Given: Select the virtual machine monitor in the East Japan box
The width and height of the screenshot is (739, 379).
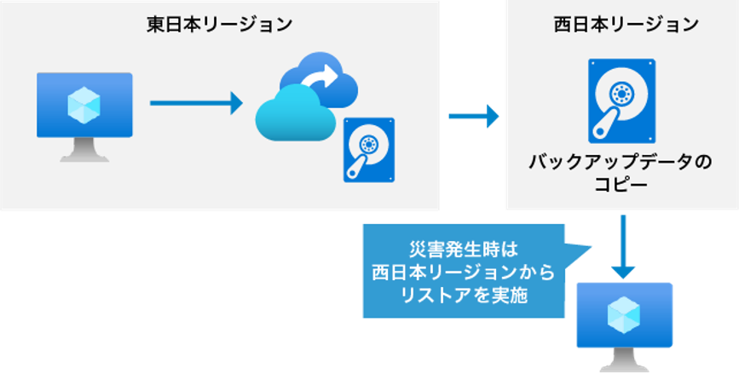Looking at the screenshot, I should click(x=84, y=106).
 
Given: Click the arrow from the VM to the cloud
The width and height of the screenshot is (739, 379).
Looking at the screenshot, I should click(x=196, y=104).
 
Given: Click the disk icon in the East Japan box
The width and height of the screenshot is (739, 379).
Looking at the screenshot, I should click(x=369, y=150).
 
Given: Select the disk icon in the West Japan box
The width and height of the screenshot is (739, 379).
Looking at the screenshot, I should click(x=621, y=100).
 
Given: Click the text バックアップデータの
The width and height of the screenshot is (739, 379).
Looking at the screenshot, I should click(x=621, y=162).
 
